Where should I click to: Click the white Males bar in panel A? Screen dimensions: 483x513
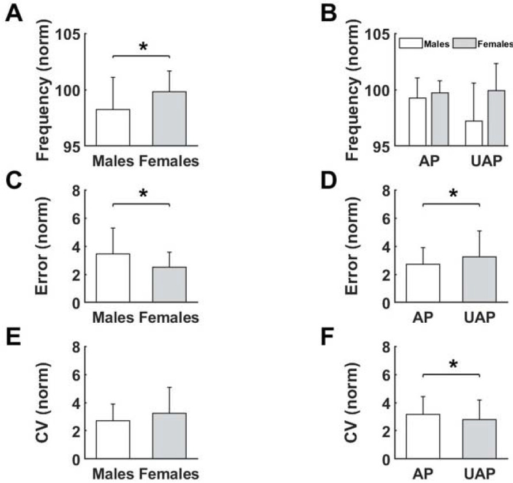[x=112, y=127]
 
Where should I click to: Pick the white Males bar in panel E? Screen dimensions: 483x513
[x=112, y=440]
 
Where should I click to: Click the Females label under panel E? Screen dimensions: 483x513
[x=169, y=474]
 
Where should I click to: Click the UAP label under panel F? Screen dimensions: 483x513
[x=479, y=474]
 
